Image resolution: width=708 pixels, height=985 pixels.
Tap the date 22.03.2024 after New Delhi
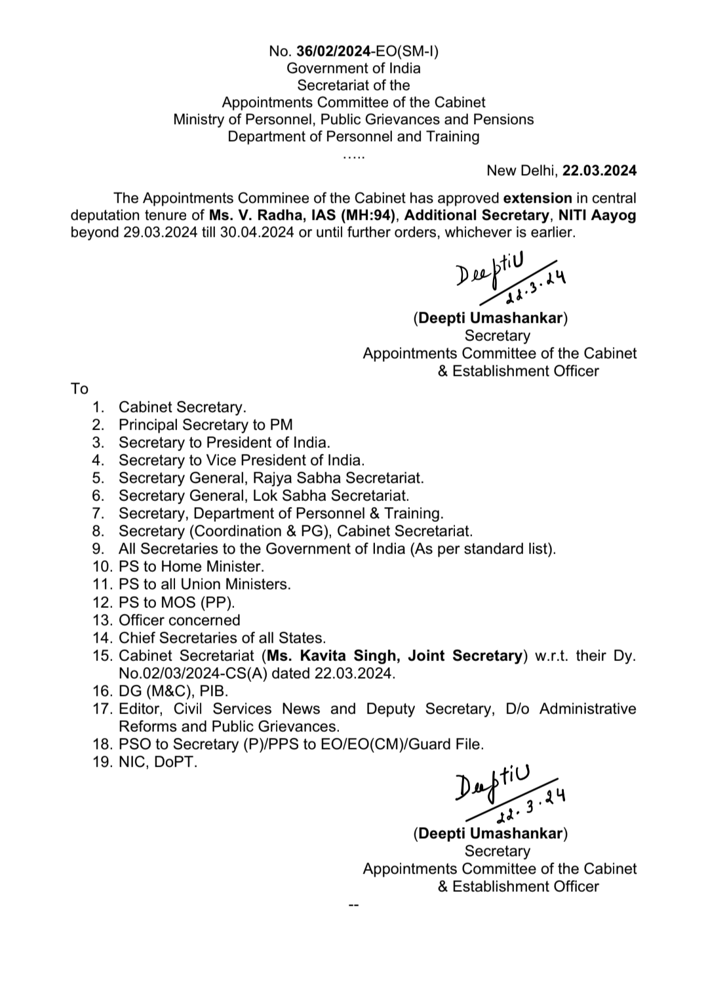(x=599, y=171)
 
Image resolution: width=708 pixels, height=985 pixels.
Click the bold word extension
(x=537, y=198)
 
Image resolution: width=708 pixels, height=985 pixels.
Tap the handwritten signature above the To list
(x=508, y=279)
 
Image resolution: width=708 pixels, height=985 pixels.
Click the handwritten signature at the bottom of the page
(x=508, y=794)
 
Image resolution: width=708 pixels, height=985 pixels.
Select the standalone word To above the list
(x=79, y=389)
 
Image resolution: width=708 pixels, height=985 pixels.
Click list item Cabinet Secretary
(x=182, y=407)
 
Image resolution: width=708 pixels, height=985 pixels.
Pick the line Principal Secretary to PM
(x=205, y=425)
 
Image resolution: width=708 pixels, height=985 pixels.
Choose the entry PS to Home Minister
(x=191, y=567)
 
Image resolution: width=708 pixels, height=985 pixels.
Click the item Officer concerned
(x=179, y=620)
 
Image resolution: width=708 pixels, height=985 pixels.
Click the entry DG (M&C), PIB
(x=173, y=691)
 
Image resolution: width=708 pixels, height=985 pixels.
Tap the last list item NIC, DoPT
(x=157, y=762)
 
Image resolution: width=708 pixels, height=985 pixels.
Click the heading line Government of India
(x=353, y=68)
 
